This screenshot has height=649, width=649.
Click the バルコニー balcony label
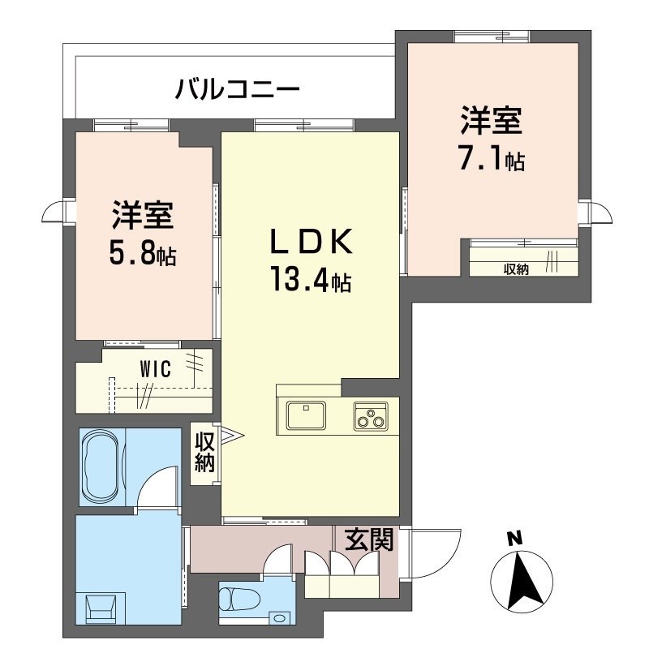[x=238, y=88]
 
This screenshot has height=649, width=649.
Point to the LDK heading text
[x=311, y=243]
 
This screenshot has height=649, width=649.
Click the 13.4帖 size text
[x=311, y=282]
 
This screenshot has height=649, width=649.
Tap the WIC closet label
[x=154, y=370]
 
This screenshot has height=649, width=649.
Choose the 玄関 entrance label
[x=369, y=539]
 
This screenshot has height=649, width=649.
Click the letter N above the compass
[x=512, y=537]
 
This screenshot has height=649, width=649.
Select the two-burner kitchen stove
[x=372, y=416]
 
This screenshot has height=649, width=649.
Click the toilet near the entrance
[x=236, y=601]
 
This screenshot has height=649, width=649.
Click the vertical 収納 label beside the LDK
[x=204, y=454]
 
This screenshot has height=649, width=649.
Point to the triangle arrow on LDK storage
[x=230, y=438]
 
